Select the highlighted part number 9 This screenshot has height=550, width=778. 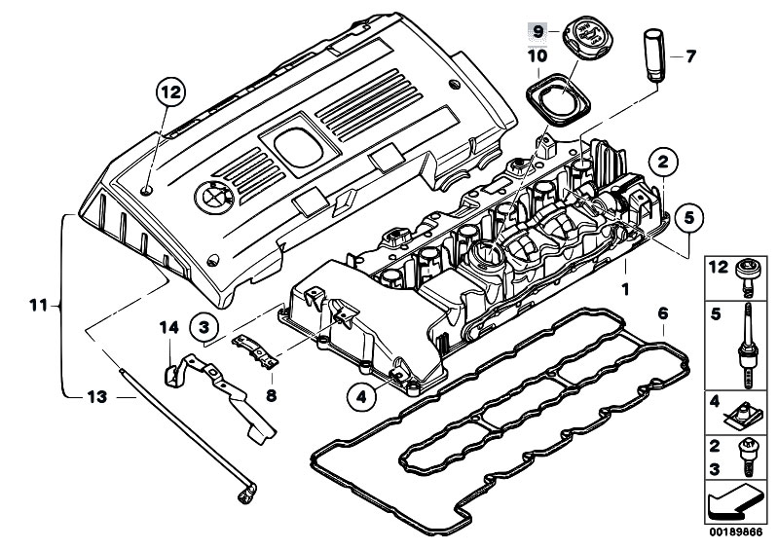coord(535,32)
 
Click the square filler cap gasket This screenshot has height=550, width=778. coord(556,101)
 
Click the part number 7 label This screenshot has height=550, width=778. coord(692,55)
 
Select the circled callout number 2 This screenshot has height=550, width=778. coord(662,161)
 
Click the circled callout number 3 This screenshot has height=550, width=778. coord(204,327)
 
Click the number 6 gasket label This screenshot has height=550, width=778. coord(662,313)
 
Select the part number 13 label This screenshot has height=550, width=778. coord(95,397)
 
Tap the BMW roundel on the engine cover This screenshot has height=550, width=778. coord(210,197)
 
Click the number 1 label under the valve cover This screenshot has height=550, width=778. coord(626,289)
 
